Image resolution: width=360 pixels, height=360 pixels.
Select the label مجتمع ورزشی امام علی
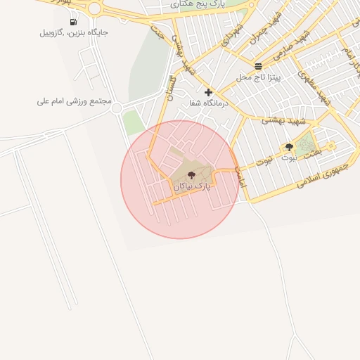click(x=75, y=101)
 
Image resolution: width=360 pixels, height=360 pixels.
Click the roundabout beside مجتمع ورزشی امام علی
click(x=117, y=108)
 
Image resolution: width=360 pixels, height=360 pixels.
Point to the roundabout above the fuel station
click(x=94, y=8)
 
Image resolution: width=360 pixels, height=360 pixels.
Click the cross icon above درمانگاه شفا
click(x=208, y=92)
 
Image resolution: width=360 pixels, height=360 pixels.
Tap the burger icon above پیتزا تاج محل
click(x=258, y=66)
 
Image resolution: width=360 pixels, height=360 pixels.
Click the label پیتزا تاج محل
click(x=258, y=77)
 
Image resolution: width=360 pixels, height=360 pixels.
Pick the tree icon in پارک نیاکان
click(x=191, y=175)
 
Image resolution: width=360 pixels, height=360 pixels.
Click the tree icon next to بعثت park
click(x=289, y=147)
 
